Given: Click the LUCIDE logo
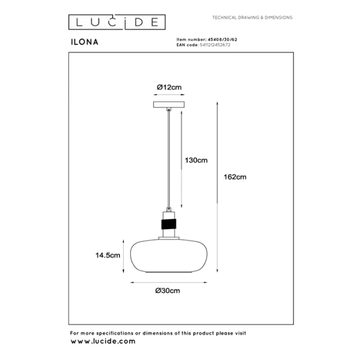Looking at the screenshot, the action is tap(117, 22).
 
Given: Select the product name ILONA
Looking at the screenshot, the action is tap(85, 42).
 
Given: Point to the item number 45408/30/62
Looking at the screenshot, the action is tap(222, 40).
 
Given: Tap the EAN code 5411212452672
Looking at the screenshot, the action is tap(215, 45).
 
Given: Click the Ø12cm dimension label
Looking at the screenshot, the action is tap(169, 87).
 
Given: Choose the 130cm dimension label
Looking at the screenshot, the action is tap(196, 160).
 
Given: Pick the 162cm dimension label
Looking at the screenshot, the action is tap(235, 177).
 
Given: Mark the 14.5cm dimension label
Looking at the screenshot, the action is tap(107, 255).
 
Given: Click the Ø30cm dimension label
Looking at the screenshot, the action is tap(167, 290).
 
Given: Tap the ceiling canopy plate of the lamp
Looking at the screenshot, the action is tap(169, 104).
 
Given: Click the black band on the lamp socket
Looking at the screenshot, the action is tap(169, 224).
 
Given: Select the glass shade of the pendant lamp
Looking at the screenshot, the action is tap(169, 256).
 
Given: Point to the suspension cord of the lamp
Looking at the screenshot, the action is tap(169, 159).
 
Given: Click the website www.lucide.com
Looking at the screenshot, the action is tap(103, 341).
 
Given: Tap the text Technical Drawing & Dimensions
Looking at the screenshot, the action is tap(253, 17).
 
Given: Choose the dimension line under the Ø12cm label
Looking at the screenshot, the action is tap(169, 94).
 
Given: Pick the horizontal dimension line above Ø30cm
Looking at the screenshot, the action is tap(169, 283).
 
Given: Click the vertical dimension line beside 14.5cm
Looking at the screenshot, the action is tap(124, 256).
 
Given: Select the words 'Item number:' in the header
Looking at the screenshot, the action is tap(191, 40).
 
